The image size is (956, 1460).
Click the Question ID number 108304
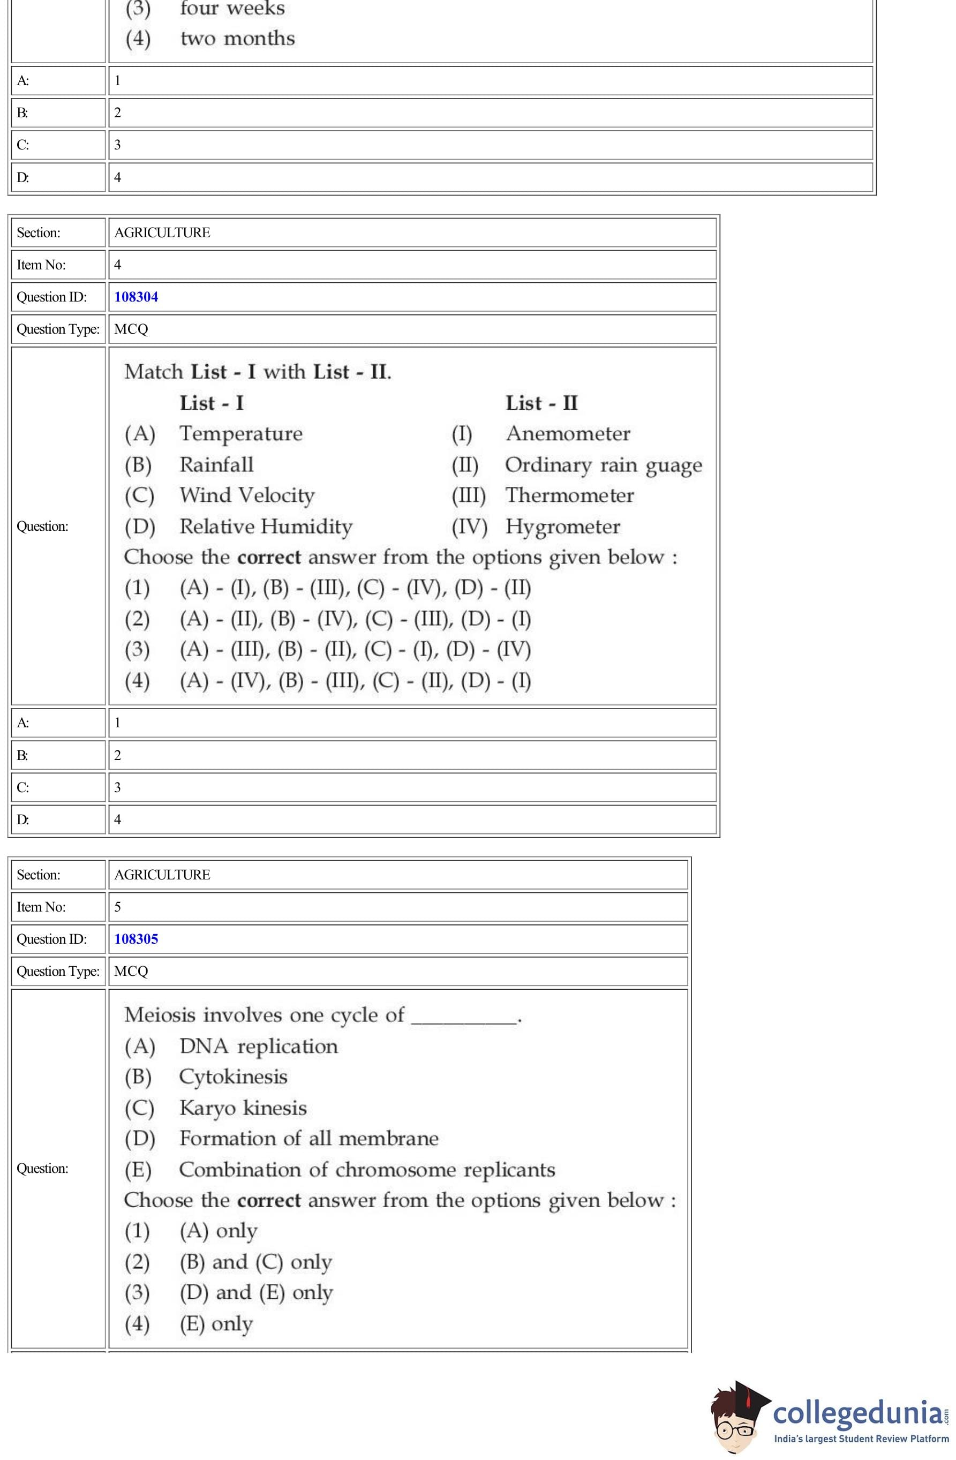[x=136, y=297]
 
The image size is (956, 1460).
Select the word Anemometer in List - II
[x=568, y=434]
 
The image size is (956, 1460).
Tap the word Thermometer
[x=569, y=495]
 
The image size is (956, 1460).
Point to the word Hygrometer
[x=563, y=526]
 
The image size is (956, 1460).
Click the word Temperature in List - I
[x=240, y=434]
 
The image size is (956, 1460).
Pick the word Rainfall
[x=216, y=464]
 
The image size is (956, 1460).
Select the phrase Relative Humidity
[x=266, y=526]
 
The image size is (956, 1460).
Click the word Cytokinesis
[x=233, y=1077]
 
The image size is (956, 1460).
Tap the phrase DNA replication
[x=258, y=1046]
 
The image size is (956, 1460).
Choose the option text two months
[x=237, y=39]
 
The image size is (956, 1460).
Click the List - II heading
[x=541, y=403]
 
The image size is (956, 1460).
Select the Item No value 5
[x=118, y=907]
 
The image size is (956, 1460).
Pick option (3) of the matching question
[x=355, y=649]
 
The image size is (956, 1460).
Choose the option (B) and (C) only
[x=255, y=1262]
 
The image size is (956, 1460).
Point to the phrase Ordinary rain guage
[x=603, y=465]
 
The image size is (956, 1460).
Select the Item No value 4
[x=118, y=265]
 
